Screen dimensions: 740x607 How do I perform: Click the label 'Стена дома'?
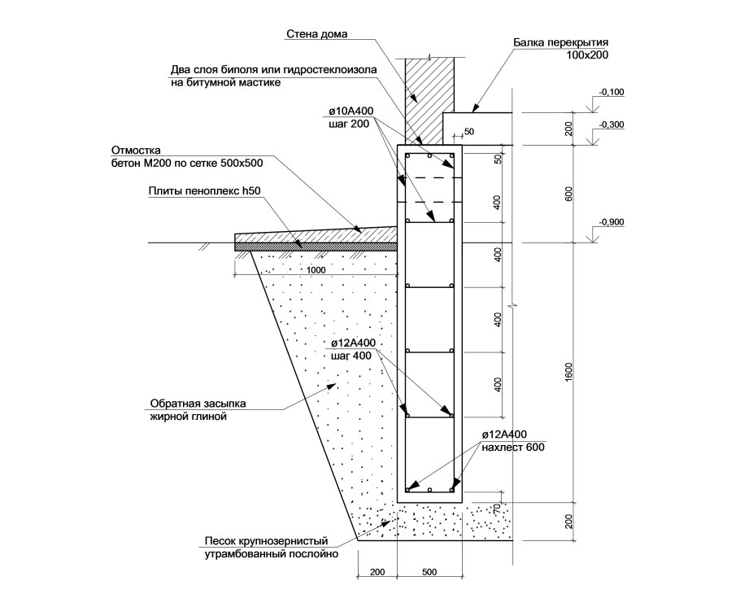[316, 34]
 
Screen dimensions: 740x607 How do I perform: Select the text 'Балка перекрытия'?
[560, 43]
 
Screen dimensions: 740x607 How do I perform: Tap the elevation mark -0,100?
[612, 92]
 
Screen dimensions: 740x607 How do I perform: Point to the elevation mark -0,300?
[612, 125]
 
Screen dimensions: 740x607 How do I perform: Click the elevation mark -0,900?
[612, 222]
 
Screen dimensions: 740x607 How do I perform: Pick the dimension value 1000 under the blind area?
[316, 270]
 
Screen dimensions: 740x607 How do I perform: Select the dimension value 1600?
[568, 372]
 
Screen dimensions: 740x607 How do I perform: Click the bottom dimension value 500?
[429, 572]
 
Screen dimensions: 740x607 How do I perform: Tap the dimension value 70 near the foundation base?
[497, 509]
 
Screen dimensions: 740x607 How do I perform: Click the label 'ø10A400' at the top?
[351, 111]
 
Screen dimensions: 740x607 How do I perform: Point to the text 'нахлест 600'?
[513, 447]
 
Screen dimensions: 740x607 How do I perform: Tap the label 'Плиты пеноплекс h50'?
[204, 191]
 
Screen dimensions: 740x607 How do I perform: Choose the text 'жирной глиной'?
[189, 417]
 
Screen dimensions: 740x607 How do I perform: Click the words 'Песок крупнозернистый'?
[266, 541]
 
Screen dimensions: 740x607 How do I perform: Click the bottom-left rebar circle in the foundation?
[407, 489]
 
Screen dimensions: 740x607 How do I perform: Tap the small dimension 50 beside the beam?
[469, 132]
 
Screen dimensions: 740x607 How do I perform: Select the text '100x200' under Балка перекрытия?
[589, 55]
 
